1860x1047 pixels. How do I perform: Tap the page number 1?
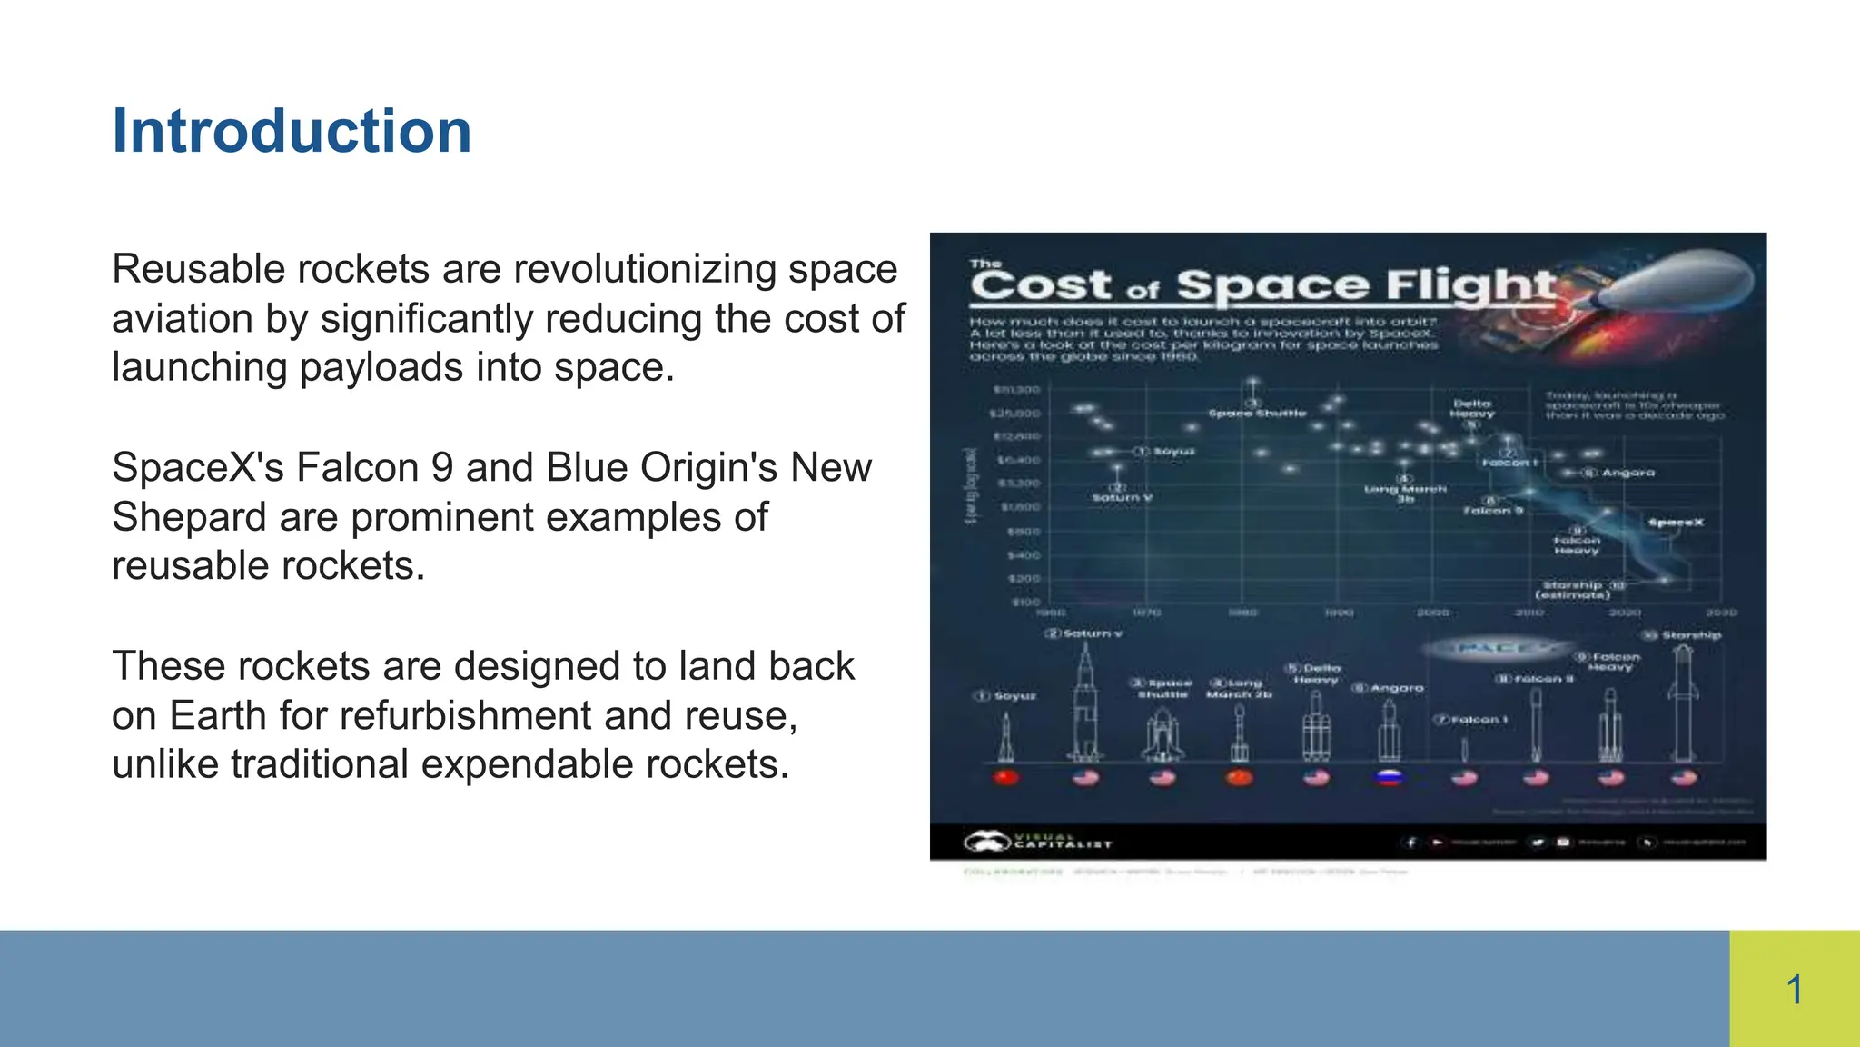(1794, 990)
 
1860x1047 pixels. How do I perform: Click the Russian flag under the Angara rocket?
(1390, 778)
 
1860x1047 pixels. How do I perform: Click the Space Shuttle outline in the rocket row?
(1162, 734)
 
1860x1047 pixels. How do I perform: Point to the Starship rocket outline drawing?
(1683, 704)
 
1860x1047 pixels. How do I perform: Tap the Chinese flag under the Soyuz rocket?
(1006, 778)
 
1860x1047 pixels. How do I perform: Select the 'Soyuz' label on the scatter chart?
(1173, 452)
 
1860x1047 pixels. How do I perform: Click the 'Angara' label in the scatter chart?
(1627, 473)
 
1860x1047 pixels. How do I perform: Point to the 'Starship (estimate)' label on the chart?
(1573, 590)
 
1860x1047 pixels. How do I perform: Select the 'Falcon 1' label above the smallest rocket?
(1477, 720)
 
